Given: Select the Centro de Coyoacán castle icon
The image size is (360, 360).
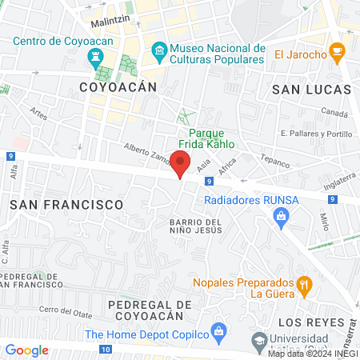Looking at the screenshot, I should pyautogui.click(x=97, y=54).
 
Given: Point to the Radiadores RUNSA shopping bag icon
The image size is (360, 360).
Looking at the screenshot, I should pyautogui.click(x=281, y=215).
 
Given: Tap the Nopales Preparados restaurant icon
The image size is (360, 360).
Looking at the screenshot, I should pyautogui.click(x=304, y=284).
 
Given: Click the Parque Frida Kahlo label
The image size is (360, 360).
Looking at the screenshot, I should pyautogui.click(x=211, y=139).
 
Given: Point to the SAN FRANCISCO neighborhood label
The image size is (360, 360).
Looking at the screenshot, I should pyautogui.click(x=66, y=205).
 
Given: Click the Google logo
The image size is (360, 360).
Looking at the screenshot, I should pyautogui.click(x=27, y=350).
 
